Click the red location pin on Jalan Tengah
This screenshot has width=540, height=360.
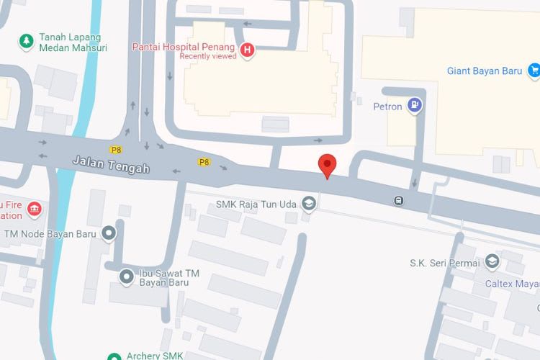click(328, 164)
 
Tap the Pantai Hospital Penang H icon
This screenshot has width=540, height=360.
click(248, 50)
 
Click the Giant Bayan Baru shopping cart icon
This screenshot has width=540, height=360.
click(534, 70)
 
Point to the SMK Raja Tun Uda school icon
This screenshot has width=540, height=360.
click(309, 204)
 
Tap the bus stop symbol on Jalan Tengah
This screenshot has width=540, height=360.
click(398, 200)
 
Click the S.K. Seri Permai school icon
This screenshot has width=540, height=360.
click(492, 261)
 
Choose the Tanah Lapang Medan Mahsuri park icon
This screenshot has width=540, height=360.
click(27, 41)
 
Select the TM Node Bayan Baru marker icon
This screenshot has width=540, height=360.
click(109, 233)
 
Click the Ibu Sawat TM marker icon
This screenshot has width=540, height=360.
click(127, 275)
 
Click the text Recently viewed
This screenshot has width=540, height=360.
click(208, 56)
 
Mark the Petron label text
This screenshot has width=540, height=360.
click(387, 107)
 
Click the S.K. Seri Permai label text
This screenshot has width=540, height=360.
click(444, 262)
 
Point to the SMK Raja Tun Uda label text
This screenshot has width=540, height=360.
click(256, 204)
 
